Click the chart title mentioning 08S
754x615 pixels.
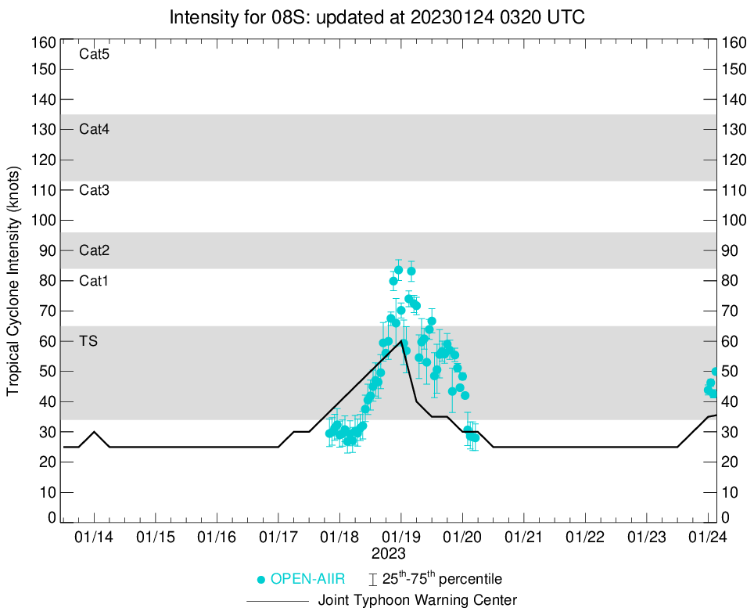point(377,16)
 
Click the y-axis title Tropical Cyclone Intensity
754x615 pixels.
point(13,280)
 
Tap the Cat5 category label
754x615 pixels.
point(94,55)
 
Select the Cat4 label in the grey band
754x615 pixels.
point(94,130)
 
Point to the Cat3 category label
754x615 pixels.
point(94,190)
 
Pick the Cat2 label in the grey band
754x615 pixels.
point(94,251)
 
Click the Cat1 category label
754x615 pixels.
point(94,281)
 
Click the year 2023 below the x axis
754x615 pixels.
point(389,553)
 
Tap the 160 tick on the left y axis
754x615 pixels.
point(45,41)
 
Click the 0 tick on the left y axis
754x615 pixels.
point(52,518)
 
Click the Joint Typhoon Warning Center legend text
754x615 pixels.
point(417,601)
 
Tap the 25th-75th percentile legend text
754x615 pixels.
point(442,580)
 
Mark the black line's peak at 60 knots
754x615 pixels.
point(401,340)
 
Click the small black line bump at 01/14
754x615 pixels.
point(95,432)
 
